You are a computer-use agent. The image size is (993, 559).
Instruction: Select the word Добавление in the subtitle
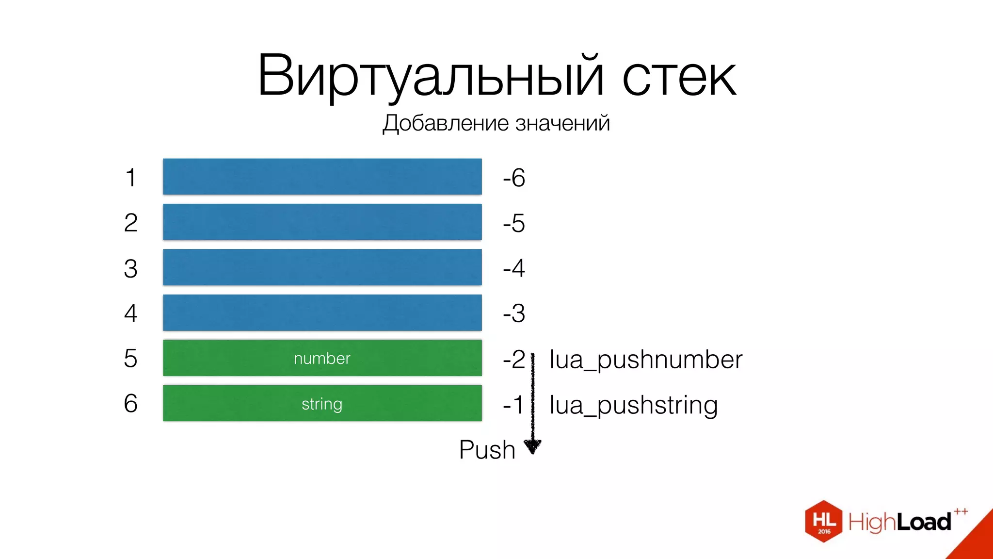click(x=446, y=123)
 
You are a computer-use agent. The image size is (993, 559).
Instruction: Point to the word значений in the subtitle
click(x=562, y=123)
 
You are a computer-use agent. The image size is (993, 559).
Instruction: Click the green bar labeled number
click(x=322, y=358)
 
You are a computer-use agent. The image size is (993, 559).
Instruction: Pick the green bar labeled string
click(x=322, y=403)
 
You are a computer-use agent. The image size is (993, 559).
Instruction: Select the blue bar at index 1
click(x=322, y=177)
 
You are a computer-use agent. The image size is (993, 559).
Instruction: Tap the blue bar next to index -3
click(x=322, y=313)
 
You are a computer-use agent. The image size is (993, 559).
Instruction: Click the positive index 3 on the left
click(x=130, y=268)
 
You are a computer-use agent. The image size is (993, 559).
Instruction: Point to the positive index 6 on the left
click(x=130, y=404)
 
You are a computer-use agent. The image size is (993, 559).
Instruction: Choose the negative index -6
click(x=514, y=178)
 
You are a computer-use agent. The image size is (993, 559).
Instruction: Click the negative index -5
click(x=514, y=223)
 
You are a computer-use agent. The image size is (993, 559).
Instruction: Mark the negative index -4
click(x=514, y=268)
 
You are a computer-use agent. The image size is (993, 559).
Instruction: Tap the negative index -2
click(x=514, y=360)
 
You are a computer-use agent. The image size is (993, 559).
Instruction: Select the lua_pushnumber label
click(x=645, y=360)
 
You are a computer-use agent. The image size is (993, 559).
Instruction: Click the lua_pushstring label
click(x=633, y=405)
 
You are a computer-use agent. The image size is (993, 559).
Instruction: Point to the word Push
click(x=487, y=450)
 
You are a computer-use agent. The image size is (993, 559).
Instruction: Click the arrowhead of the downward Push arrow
click(x=532, y=446)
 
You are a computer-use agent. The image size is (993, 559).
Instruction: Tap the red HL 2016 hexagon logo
click(x=823, y=521)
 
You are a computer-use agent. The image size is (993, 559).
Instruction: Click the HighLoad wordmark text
click(x=900, y=522)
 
